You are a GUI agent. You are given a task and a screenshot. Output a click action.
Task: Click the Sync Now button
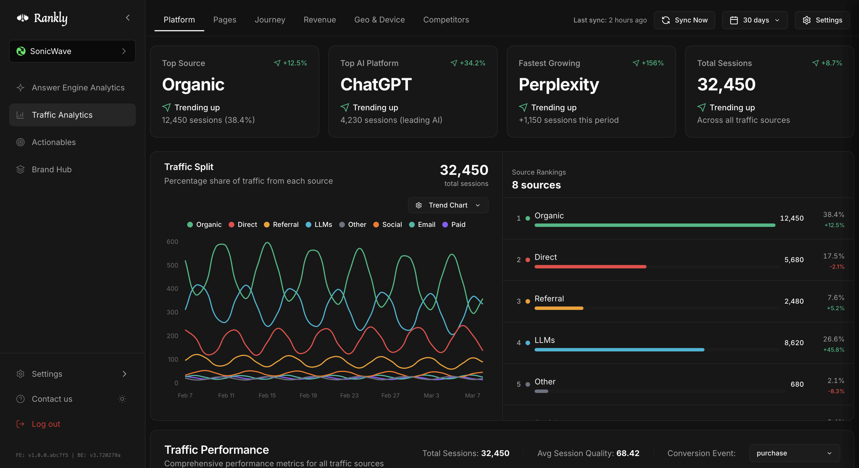pos(684,20)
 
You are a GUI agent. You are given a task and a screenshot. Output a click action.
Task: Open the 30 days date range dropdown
pos(755,20)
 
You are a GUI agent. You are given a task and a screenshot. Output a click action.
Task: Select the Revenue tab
pos(320,20)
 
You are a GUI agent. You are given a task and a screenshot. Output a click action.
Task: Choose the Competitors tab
pos(446,20)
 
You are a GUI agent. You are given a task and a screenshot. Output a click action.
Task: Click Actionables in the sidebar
pos(54,142)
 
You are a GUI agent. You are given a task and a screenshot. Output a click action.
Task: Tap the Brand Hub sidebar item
pos(52,169)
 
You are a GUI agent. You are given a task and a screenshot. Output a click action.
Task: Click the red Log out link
pos(46,424)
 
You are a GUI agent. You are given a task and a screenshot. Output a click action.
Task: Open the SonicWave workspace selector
pos(72,51)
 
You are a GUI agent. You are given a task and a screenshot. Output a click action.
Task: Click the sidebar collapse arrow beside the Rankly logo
pos(128,18)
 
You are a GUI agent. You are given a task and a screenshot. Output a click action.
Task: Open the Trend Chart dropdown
pos(448,205)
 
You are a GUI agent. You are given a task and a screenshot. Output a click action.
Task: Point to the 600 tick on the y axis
pos(172,242)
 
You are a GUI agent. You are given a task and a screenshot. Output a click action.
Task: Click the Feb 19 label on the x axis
pos(308,395)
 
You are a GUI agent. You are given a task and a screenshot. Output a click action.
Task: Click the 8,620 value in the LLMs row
pos(794,343)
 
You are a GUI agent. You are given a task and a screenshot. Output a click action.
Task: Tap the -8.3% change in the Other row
pos(836,391)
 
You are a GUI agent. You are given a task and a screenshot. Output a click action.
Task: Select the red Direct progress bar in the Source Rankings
pos(590,267)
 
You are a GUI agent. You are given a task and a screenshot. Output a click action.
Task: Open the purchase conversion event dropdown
pos(794,453)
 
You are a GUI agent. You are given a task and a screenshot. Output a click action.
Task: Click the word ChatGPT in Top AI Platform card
pos(376,84)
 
